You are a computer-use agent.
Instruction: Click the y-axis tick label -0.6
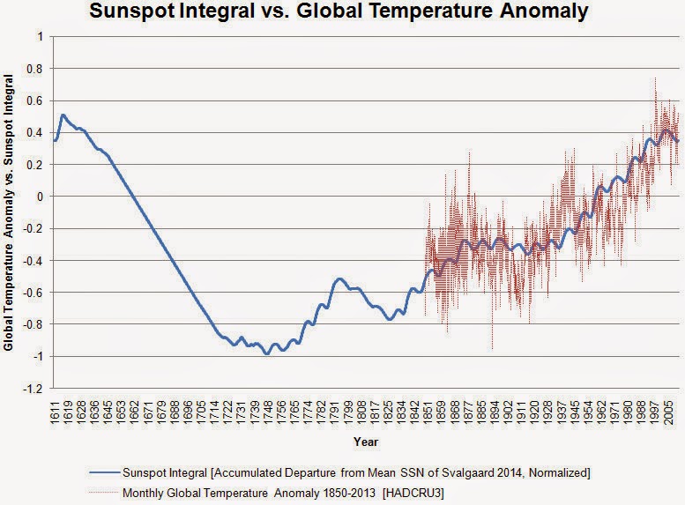pos(37,293)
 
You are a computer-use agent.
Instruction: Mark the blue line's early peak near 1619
pos(63,115)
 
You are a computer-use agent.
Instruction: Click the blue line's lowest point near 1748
pos(266,354)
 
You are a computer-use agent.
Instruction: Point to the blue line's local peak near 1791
pos(339,278)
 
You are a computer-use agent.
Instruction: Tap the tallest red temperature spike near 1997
pos(655,78)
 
